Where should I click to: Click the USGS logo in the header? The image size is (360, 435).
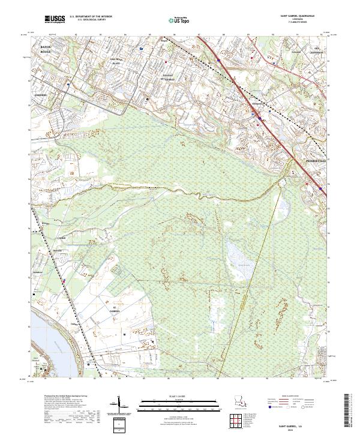[55, 20]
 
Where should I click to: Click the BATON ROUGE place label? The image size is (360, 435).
[44, 48]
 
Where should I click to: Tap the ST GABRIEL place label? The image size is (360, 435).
[115, 311]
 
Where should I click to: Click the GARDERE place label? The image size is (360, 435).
[41, 95]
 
